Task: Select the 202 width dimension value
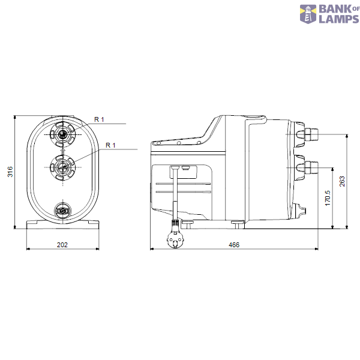coord(62,245)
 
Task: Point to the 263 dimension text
coord(342,182)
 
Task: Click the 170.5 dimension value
coord(327,198)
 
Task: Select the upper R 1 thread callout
coord(99,120)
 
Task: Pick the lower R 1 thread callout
coord(110,145)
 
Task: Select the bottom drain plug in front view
coord(62,210)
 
